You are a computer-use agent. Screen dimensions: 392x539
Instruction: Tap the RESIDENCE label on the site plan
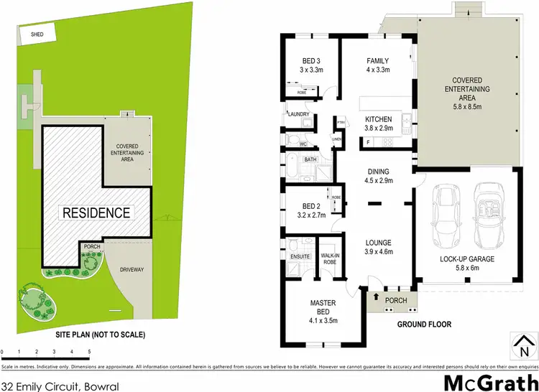[96, 213]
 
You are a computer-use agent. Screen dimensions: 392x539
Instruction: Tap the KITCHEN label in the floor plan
[378, 119]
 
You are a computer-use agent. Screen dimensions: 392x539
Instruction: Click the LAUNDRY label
[298, 114]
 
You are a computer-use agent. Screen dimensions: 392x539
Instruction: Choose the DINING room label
[378, 172]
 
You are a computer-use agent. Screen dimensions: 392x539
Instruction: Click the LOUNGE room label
[378, 243]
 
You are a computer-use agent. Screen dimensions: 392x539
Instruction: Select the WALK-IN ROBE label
[330, 258]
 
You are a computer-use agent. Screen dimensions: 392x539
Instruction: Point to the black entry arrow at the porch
[375, 294]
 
